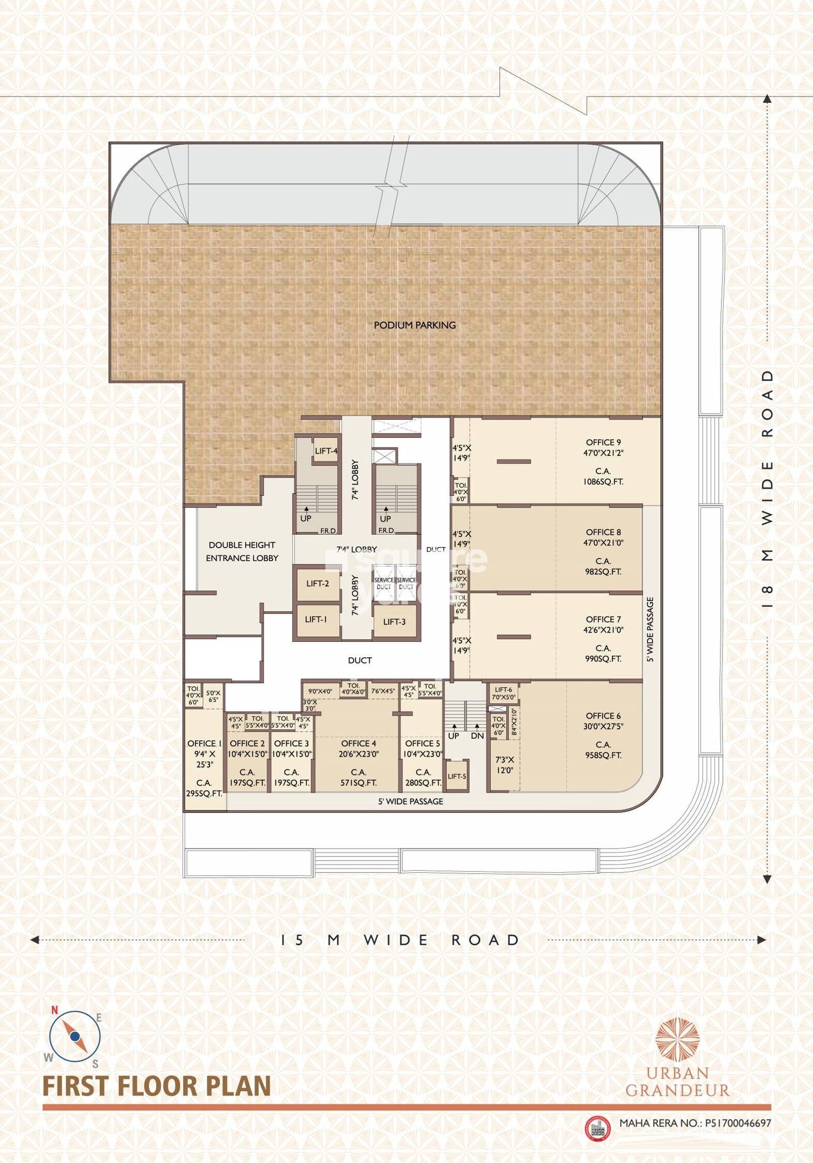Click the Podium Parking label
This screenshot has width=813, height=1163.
(x=414, y=325)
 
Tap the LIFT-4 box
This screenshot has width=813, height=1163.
(x=326, y=451)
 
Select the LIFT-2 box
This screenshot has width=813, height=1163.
(x=318, y=584)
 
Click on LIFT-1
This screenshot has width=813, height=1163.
(x=315, y=619)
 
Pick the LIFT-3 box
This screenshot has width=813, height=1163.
(x=394, y=622)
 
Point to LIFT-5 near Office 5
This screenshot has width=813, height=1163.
(x=457, y=776)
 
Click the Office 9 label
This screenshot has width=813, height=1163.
(x=603, y=442)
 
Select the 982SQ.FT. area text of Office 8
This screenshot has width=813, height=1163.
(x=603, y=571)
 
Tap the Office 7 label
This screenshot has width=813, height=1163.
(x=603, y=619)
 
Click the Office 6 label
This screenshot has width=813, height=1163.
(x=603, y=716)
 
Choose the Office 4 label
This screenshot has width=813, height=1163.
(x=358, y=743)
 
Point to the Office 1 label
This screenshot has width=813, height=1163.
(x=204, y=743)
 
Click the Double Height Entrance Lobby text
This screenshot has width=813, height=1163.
(x=242, y=551)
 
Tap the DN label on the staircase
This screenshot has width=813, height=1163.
(x=477, y=736)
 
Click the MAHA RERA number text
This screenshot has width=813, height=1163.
(x=695, y=1123)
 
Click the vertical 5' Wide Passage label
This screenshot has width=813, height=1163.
(x=650, y=629)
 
